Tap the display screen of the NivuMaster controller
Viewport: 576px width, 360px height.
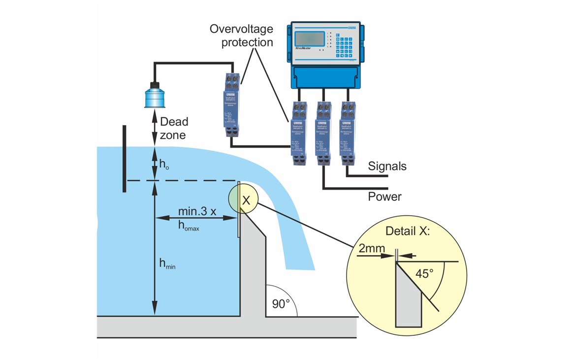(x=311, y=39)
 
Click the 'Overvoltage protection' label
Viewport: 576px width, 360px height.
(x=241, y=35)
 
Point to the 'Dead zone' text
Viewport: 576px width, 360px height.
(x=174, y=128)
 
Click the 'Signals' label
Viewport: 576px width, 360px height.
(x=387, y=166)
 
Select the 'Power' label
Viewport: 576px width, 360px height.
(x=384, y=197)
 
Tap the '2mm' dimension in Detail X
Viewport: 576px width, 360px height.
(x=369, y=249)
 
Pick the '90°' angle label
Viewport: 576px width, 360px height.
(x=281, y=304)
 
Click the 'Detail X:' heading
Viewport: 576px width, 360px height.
(x=408, y=230)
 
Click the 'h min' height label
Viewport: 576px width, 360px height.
(x=167, y=264)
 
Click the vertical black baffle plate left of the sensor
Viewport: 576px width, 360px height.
(x=124, y=159)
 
